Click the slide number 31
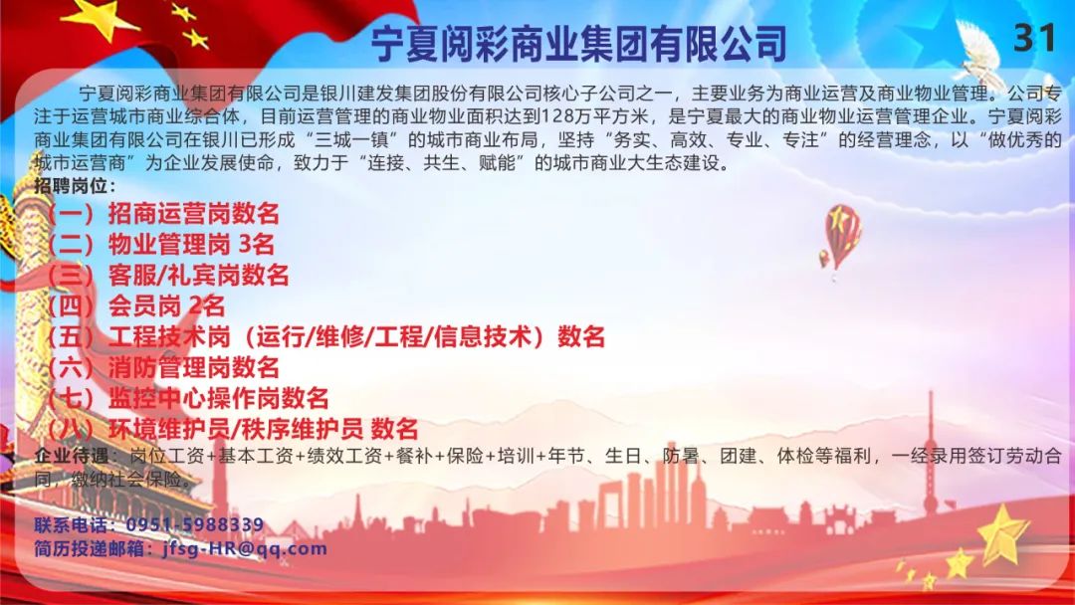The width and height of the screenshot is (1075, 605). [x=1034, y=38]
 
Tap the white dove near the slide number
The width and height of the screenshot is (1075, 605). [x=980, y=52]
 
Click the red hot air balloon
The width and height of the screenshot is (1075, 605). [x=842, y=234]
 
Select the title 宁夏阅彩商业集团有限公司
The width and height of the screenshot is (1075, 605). [x=578, y=43]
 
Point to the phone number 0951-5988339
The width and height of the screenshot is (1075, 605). [x=195, y=524]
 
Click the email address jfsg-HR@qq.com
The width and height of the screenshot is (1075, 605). [x=245, y=549]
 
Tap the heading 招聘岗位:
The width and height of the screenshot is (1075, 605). [x=75, y=186]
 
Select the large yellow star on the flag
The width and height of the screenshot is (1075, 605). [x=101, y=17]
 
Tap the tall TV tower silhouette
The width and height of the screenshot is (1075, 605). [x=931, y=452]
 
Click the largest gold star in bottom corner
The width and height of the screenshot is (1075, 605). [x=1002, y=535]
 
